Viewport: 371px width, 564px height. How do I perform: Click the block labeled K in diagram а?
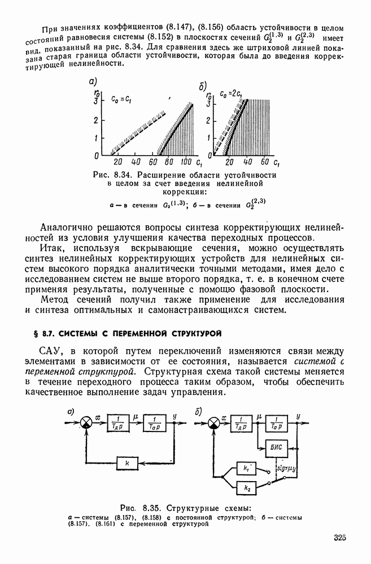click(128, 463)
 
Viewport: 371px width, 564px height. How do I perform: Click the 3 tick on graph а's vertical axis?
click(97, 102)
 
